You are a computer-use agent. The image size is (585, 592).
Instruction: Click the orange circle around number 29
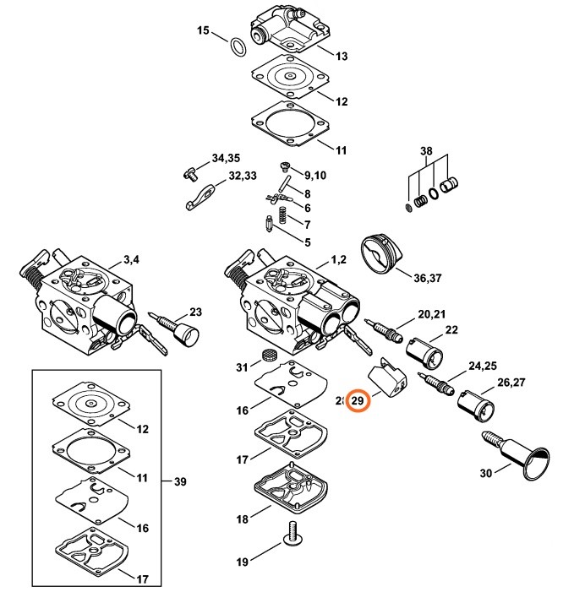[x=358, y=400]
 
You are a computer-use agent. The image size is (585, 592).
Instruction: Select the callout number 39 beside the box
[x=180, y=482]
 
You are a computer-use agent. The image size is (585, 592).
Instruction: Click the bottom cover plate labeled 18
[x=291, y=491]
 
